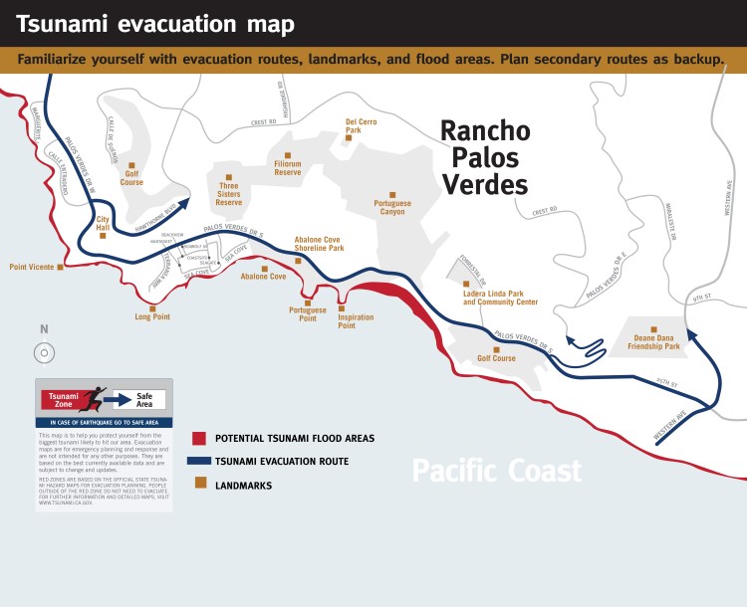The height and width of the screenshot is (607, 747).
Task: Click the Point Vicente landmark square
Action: pyautogui.click(x=61, y=267)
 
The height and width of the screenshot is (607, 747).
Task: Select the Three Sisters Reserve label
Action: pyautogui.click(x=229, y=194)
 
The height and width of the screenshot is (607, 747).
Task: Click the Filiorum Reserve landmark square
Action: pyautogui.click(x=288, y=155)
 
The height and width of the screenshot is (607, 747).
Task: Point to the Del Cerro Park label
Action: pyautogui.click(x=361, y=125)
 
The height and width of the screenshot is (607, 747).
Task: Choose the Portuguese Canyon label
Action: pyautogui.click(x=392, y=208)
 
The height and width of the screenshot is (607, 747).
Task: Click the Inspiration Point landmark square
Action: pyautogui.click(x=342, y=308)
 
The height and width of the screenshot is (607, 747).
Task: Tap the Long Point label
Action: pyautogui.click(x=152, y=317)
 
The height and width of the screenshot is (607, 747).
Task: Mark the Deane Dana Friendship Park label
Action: pyautogui.click(x=653, y=342)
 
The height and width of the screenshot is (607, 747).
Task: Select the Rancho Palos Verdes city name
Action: pyautogui.click(x=485, y=158)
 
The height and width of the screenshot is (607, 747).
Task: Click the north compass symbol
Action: pyautogui.click(x=44, y=352)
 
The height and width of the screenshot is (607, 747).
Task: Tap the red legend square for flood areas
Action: pyautogui.click(x=199, y=438)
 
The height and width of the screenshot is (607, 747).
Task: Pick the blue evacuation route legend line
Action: pyautogui.click(x=198, y=462)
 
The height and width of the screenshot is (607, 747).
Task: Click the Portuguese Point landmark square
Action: pyautogui.click(x=308, y=303)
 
